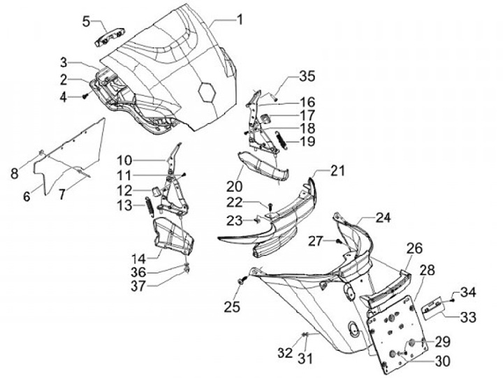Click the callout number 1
(x=240, y=20)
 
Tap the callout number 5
(x=87, y=22)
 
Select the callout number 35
(x=307, y=76)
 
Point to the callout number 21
(x=337, y=170)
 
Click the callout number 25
(x=232, y=307)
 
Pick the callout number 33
(x=468, y=317)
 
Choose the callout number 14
(x=138, y=259)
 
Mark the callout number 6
(x=27, y=196)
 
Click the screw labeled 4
(x=85, y=95)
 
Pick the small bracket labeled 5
(x=110, y=37)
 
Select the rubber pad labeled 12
(x=156, y=191)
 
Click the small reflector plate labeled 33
(x=432, y=310)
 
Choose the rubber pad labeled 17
(x=265, y=118)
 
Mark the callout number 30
(x=442, y=361)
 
